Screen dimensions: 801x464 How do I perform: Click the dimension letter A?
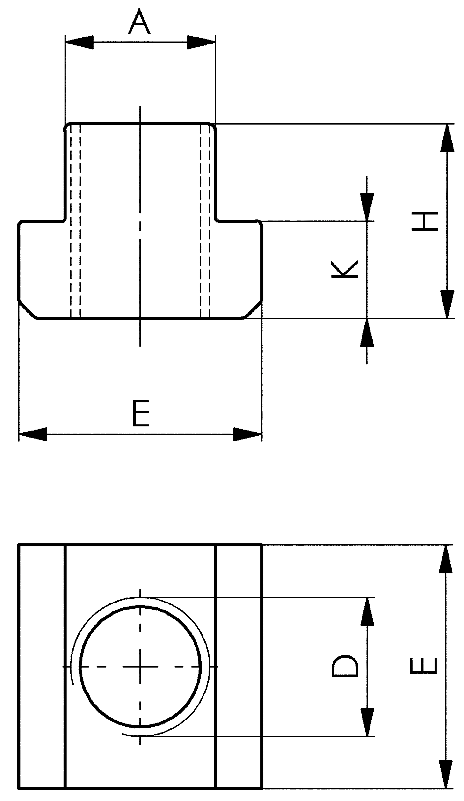tap(139, 22)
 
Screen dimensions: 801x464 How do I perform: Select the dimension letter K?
tap(345, 269)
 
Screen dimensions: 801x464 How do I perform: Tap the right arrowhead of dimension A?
tap(201, 42)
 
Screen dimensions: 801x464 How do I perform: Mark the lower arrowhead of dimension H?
tap(447, 304)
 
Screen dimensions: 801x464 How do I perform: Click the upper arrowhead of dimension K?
tap(367, 207)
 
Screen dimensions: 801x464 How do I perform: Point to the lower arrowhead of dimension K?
tap(367, 332)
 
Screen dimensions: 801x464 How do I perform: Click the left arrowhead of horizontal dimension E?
tap(33, 434)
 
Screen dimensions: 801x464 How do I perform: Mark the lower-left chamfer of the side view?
tap(27, 309)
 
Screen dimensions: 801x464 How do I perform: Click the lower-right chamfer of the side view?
tap(254, 309)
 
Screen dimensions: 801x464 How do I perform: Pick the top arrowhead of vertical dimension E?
tap(446, 559)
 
